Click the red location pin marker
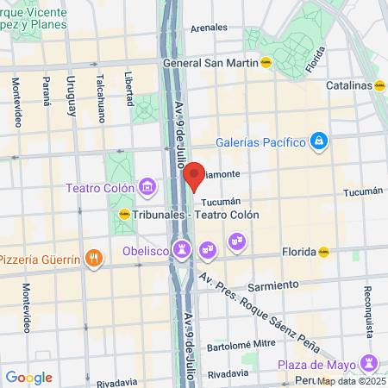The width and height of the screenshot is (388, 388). (x=194, y=175)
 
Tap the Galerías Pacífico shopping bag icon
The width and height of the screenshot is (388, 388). (x=319, y=140)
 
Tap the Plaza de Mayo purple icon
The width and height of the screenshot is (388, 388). (x=370, y=361)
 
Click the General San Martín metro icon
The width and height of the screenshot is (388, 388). (x=266, y=62)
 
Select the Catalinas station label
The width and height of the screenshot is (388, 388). (x=349, y=85)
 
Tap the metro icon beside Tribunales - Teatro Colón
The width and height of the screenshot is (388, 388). (x=124, y=215)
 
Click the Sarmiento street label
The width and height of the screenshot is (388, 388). (x=274, y=284)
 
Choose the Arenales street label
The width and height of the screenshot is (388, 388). (x=209, y=28)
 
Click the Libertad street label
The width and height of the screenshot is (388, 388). (x=128, y=88)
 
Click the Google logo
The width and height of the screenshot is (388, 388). (x=28, y=377)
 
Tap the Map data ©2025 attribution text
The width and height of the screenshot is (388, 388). (x=351, y=380)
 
